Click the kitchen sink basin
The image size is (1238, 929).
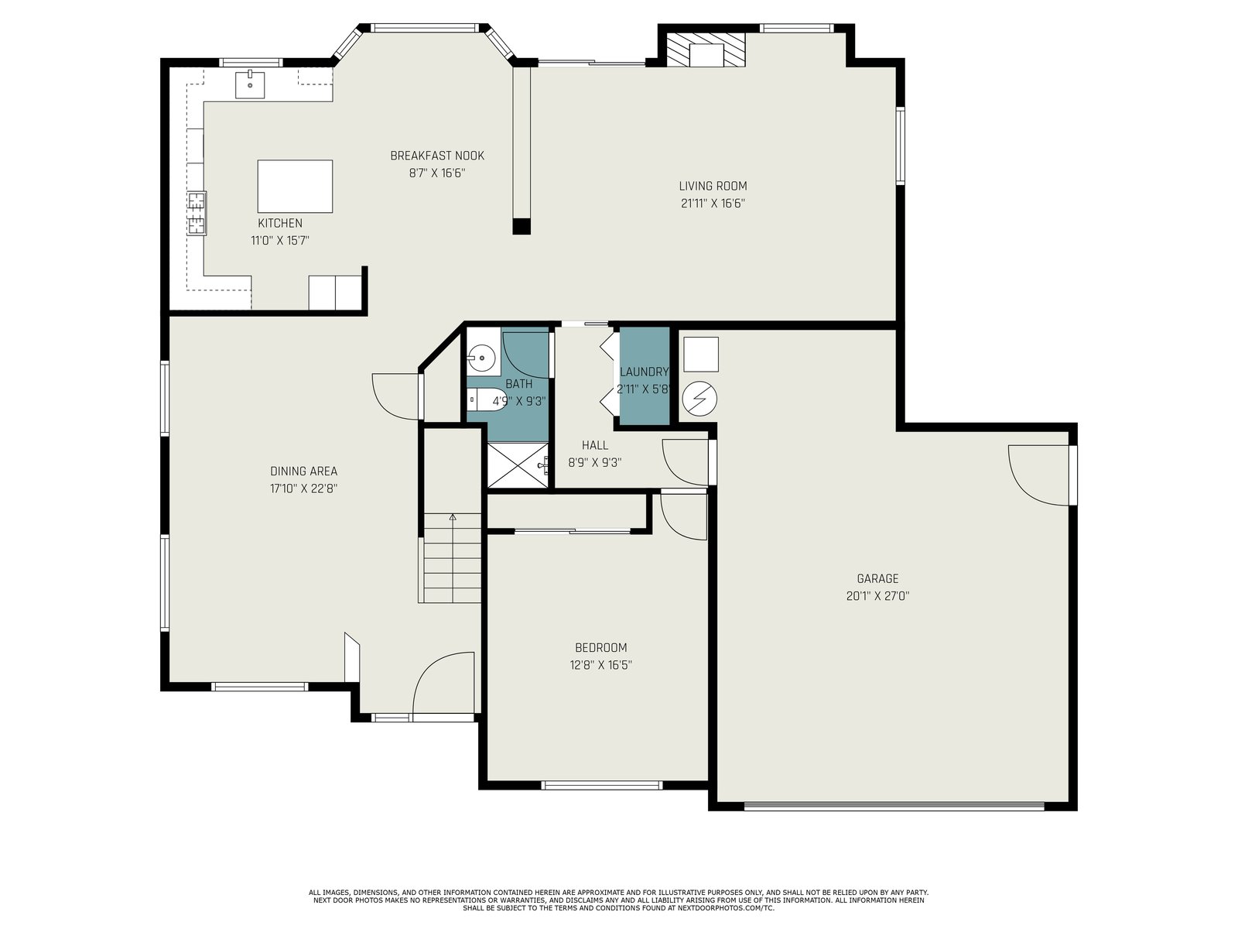tap(249, 84)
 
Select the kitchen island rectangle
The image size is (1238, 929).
tap(295, 186)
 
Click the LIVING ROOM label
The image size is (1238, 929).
tap(713, 186)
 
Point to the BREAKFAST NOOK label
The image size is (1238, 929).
tap(437, 156)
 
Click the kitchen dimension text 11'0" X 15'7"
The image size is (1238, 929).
tap(280, 241)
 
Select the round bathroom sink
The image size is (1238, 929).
tap(482, 358)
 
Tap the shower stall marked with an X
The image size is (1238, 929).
tap(518, 465)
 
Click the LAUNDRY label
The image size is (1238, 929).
tap(644, 372)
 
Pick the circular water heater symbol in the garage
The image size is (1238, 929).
tap(699, 399)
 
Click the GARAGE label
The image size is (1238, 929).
tap(877, 578)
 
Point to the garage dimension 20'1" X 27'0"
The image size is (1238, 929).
tap(877, 595)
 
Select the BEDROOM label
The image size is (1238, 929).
tap(600, 647)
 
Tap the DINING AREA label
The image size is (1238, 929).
tap(303, 471)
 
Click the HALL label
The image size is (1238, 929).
tap(595, 446)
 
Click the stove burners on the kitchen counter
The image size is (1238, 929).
tap(197, 213)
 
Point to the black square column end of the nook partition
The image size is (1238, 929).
tap(522, 225)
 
